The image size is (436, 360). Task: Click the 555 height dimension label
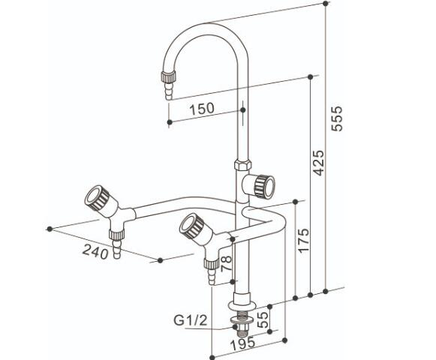[338, 118]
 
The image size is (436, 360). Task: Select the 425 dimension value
[319, 163]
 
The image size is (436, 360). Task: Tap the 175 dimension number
[303, 240]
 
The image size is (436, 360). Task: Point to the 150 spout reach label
[202, 109]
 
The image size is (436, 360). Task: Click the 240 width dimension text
[95, 251]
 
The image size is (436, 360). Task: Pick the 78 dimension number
[226, 263]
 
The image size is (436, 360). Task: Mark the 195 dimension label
[243, 343]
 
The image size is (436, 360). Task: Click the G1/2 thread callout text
[191, 320]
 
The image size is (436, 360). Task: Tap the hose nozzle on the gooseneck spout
[169, 85]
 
